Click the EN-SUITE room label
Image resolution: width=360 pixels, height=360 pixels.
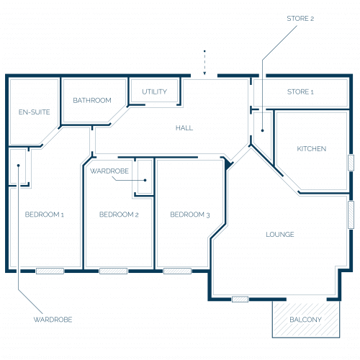[x=35, y=112]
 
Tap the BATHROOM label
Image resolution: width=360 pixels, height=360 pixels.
[x=92, y=100]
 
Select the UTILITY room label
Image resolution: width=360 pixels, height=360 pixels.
[x=154, y=91]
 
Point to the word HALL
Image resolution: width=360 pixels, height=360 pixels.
[x=184, y=127]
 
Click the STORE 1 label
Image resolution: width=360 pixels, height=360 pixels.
[x=300, y=91]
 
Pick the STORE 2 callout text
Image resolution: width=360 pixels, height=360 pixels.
[x=300, y=19]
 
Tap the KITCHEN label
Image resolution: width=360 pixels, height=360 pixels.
[x=312, y=149]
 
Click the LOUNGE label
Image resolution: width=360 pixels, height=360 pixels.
[x=280, y=234]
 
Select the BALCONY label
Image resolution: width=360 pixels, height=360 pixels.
[x=306, y=320]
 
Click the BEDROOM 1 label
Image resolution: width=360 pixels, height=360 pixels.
[x=45, y=215]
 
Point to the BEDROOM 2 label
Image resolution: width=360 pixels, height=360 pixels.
[x=119, y=215]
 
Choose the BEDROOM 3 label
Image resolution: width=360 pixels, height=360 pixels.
[x=190, y=215]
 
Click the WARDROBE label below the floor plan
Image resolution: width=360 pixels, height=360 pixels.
[x=53, y=320]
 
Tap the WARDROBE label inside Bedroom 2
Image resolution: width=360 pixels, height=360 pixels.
[x=109, y=171]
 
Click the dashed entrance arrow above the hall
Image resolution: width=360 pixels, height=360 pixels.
[x=204, y=63]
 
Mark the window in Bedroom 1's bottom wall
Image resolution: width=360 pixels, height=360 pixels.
[x=50, y=271]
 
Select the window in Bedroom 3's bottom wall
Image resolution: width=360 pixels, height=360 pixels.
[x=177, y=271]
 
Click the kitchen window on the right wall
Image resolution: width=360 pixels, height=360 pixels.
[x=351, y=163]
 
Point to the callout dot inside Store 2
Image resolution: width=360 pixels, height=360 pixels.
[x=263, y=130]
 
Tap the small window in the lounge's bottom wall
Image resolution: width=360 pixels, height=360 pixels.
[x=240, y=300]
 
